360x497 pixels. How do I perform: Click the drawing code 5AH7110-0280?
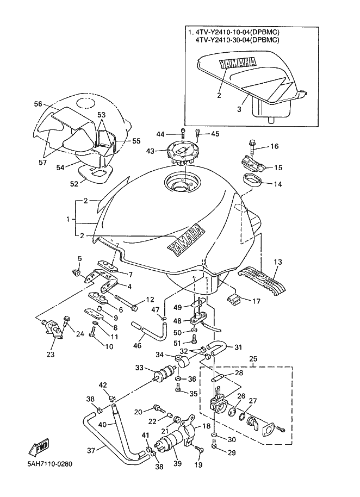tap(49, 464)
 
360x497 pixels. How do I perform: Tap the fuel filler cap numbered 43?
tap(179, 153)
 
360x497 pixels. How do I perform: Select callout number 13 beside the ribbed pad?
tap(277, 262)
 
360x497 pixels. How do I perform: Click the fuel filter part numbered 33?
tap(165, 373)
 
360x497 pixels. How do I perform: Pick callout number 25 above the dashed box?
tap(253, 359)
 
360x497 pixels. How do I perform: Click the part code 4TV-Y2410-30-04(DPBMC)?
tap(237, 40)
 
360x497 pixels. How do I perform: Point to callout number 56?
tap(38, 104)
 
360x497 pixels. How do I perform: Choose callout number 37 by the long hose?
tap(91, 450)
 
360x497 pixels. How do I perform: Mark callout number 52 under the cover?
tap(74, 184)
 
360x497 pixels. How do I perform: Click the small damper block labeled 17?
tap(233, 300)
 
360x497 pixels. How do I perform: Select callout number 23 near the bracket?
tap(51, 355)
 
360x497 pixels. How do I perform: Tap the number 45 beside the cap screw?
tap(215, 134)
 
